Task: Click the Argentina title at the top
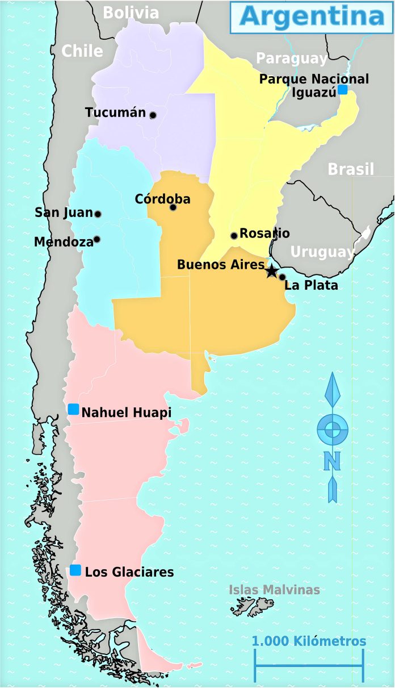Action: click(312, 16)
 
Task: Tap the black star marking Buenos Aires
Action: click(272, 270)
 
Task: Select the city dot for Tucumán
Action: click(153, 115)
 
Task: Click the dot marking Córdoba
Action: click(173, 207)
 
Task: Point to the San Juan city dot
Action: click(98, 214)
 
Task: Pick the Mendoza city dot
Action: click(97, 239)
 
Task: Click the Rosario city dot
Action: click(234, 236)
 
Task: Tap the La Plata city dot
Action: click(282, 277)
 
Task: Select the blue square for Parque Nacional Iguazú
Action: click(343, 89)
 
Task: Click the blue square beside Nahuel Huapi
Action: click(73, 409)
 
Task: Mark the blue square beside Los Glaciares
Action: click(75, 570)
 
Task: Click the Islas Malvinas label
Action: click(274, 590)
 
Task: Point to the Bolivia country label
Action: click(131, 12)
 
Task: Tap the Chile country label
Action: click(82, 51)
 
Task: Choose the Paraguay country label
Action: click(291, 59)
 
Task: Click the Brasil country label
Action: click(351, 169)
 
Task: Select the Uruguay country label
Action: click(322, 252)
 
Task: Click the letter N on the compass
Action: click(332, 461)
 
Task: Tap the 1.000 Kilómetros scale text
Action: click(309, 641)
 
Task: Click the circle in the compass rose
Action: click(333, 430)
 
